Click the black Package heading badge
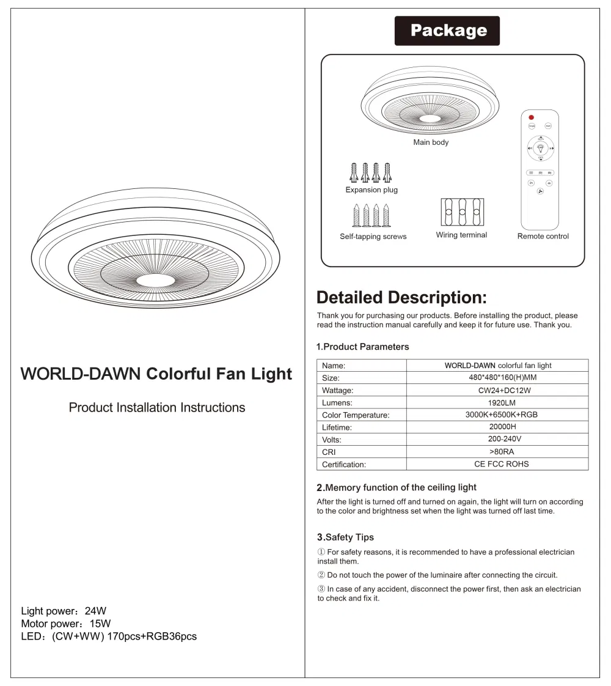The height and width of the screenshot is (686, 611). click(447, 31)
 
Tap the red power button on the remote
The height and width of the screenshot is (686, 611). click(531, 117)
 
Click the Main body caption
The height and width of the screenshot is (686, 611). click(431, 142)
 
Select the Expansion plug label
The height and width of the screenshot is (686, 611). click(371, 190)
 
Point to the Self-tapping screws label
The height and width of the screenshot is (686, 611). click(373, 237)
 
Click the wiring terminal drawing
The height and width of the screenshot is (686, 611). click(462, 212)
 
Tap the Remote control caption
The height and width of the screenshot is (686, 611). click(543, 236)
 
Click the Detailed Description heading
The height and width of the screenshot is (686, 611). click(401, 298)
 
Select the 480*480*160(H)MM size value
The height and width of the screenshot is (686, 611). click(497, 378)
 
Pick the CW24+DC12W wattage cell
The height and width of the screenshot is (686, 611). click(497, 390)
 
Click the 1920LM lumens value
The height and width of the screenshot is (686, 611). click(497, 402)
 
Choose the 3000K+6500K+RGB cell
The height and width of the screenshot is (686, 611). click(497, 415)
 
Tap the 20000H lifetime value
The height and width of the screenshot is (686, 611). click(497, 427)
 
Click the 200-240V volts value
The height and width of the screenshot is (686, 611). click(497, 440)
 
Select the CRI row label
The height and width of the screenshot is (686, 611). click(329, 452)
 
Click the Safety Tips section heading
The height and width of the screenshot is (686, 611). click(345, 537)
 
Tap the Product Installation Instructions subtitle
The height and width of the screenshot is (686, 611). click(157, 407)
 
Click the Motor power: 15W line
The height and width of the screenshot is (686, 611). click(66, 624)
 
